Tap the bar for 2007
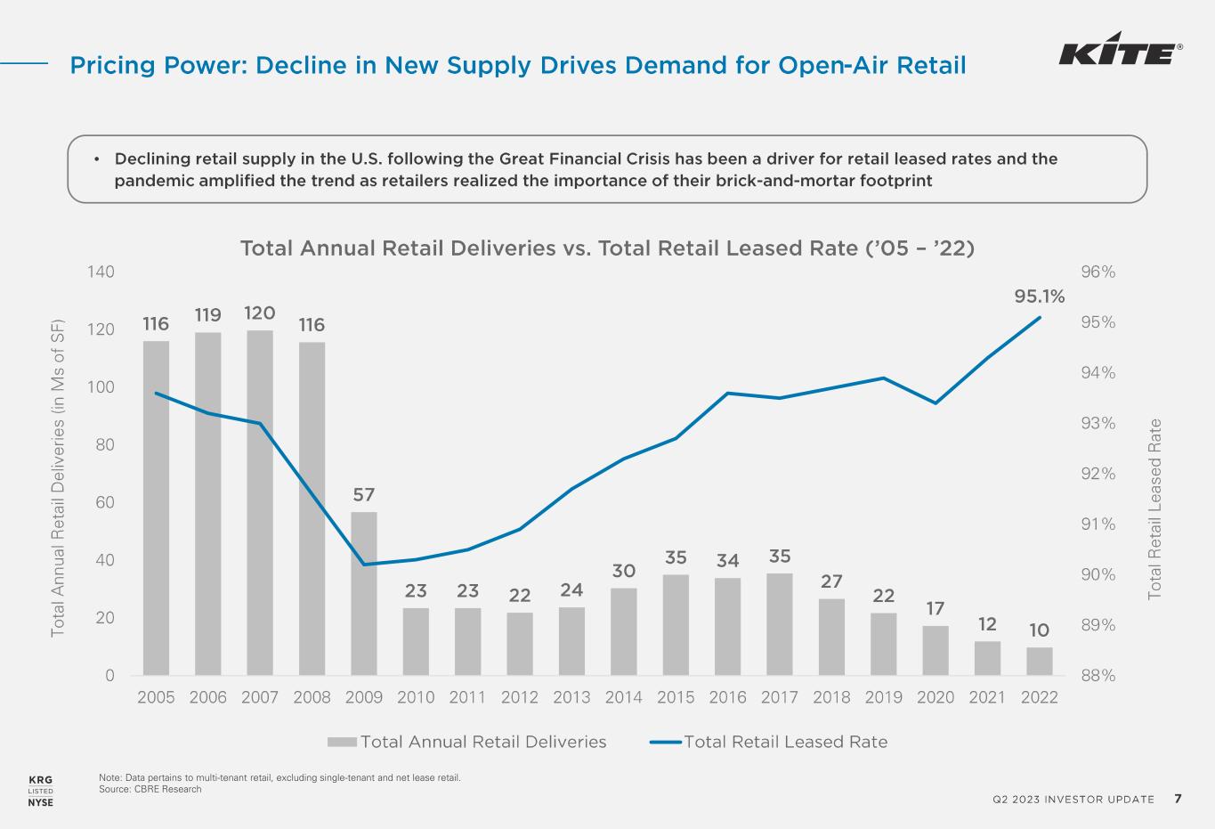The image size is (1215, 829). pos(260,502)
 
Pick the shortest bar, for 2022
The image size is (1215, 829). pos(1039,662)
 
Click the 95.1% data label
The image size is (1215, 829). pos(1040,296)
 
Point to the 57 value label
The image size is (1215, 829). pos(364,494)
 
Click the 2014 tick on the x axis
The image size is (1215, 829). pos(623,697)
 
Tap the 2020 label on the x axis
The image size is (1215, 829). pos(935,697)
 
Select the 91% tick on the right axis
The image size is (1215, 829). pos(1098,524)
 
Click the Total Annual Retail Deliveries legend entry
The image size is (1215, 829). pos(467,742)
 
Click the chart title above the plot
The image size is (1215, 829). pos(607,248)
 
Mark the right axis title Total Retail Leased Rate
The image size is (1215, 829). pos(1154,508)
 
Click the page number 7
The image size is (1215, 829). pos(1178,798)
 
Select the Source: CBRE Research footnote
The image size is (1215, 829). pos(150,789)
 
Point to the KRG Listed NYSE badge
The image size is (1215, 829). pos(41,791)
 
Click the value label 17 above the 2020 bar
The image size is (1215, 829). pos(935,609)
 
